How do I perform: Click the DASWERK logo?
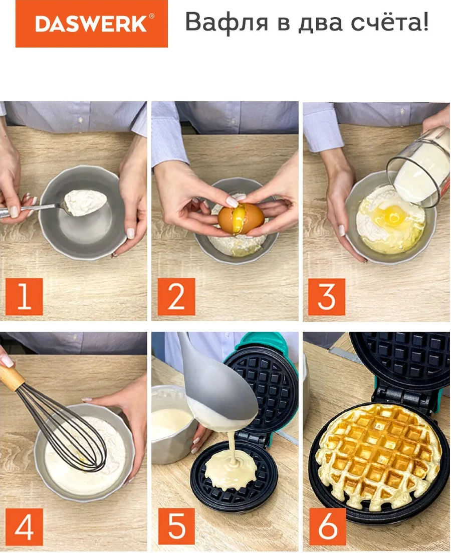point(92,24)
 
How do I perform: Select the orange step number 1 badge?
point(24,296)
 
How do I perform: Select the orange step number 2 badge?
point(176,296)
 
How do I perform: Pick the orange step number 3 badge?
point(326,296)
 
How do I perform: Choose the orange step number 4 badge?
point(24,527)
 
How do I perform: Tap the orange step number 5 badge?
point(176,527)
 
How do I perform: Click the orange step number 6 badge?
point(327,527)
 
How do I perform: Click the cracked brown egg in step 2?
point(241,218)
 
